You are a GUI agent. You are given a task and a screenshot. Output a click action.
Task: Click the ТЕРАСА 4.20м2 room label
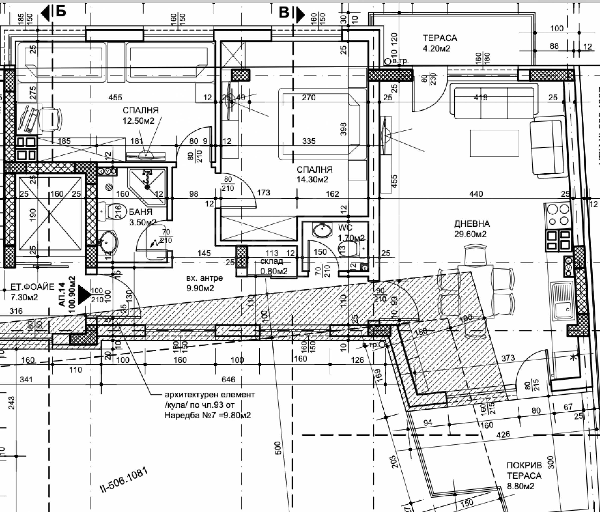pos(440,43)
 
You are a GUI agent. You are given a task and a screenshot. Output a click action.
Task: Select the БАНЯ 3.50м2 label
pos(141,217)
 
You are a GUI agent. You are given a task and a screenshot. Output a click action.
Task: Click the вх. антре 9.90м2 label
pos(204,283)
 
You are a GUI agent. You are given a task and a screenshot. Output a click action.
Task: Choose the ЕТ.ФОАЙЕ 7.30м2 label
pos(32,292)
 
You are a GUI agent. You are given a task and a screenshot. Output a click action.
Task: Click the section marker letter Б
pos(61,12)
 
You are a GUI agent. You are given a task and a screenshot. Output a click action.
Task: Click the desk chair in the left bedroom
pos(52,119)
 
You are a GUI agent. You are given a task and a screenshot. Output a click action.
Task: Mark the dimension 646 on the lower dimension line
pos(228,379)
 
